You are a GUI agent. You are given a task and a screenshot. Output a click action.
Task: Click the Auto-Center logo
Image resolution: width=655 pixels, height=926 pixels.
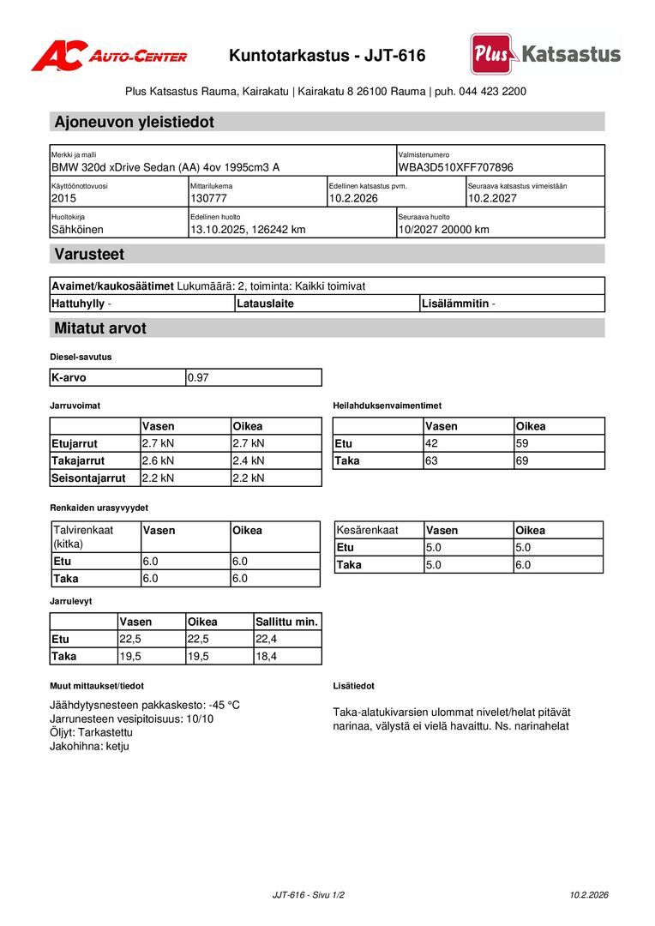click(109, 56)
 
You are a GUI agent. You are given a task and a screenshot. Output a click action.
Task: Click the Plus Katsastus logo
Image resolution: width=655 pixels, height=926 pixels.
click(545, 54)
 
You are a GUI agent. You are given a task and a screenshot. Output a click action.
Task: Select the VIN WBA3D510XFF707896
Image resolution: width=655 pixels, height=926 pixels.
click(455, 167)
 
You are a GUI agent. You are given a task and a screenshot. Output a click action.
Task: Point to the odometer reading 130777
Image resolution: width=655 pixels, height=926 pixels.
click(208, 198)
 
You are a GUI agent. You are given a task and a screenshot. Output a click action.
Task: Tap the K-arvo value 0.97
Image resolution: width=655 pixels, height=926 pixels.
click(198, 377)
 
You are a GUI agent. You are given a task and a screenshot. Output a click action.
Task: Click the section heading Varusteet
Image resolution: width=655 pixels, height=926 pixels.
click(89, 255)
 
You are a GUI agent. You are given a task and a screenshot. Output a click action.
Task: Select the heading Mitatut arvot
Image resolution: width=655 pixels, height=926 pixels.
click(100, 328)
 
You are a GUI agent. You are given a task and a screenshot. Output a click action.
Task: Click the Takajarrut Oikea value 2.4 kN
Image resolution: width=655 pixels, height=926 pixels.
click(249, 460)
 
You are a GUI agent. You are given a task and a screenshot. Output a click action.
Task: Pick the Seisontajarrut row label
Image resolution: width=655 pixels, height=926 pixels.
click(88, 478)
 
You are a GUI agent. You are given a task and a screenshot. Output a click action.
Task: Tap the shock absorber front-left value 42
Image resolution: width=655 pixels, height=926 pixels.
click(431, 443)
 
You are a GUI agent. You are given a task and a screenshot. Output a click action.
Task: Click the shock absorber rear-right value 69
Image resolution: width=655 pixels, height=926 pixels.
click(522, 460)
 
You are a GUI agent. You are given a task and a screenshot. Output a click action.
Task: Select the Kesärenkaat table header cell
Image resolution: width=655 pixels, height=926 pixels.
click(368, 531)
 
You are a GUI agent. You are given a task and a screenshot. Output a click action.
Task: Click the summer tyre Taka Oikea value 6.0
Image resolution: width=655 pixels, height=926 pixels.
click(523, 565)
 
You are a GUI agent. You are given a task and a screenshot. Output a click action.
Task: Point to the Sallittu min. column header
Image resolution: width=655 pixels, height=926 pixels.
click(286, 622)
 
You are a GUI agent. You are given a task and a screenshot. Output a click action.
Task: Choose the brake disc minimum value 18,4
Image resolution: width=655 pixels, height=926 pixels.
click(267, 656)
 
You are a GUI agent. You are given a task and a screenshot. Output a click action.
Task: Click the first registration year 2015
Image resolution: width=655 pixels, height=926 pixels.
click(63, 198)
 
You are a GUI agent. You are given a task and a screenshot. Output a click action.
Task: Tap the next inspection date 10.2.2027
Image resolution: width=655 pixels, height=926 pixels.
click(493, 198)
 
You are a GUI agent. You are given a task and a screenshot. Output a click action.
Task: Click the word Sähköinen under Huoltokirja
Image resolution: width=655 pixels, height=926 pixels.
click(77, 229)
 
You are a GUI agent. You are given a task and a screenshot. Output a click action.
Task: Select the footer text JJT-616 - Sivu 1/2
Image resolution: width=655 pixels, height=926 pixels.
click(308, 895)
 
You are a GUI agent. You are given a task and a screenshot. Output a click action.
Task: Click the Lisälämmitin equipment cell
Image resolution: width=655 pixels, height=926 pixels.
click(458, 304)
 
